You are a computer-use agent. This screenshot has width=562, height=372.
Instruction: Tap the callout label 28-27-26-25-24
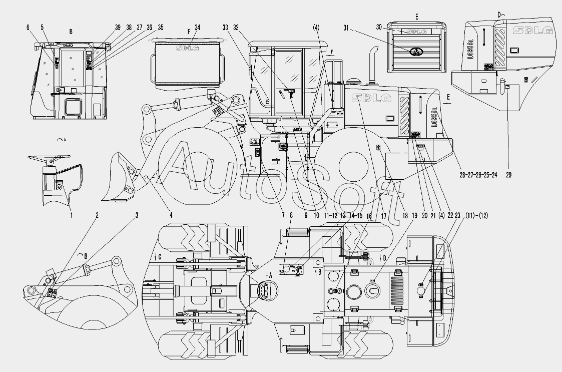point(478,175)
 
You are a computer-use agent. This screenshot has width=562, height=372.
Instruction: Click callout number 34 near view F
point(198,28)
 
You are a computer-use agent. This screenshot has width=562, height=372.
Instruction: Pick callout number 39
point(118,28)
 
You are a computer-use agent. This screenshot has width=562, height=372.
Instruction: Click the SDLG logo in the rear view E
point(416,31)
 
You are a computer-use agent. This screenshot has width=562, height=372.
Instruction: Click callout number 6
point(28,28)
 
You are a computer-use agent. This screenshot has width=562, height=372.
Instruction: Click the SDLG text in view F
point(186,49)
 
